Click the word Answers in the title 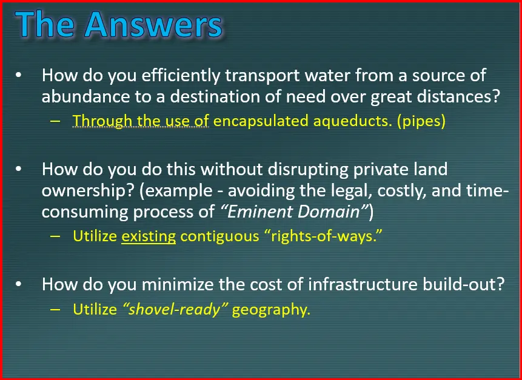point(153,24)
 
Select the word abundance point(85,96)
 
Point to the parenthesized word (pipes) point(421,121)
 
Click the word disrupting point(307,170)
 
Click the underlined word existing point(149,236)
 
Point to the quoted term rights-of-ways point(323,236)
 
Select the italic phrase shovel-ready point(175,310)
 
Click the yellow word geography point(271,310)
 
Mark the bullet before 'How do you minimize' point(19,284)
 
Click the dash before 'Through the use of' point(55,121)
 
